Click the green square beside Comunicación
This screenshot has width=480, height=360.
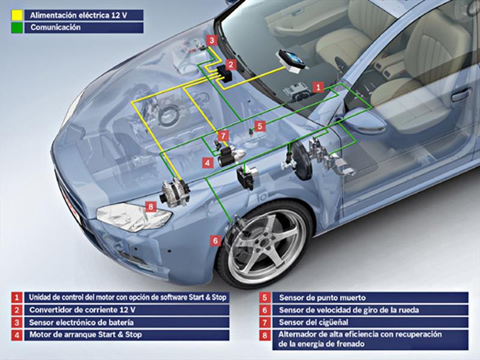[x=17, y=27]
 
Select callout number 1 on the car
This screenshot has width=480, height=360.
[x=319, y=87]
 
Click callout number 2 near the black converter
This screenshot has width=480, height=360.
[x=231, y=64]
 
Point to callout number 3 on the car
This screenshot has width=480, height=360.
[x=212, y=40]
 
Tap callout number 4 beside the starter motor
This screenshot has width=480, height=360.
[x=206, y=162]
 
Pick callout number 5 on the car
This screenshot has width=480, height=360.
[x=259, y=126]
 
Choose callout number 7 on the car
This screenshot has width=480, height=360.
[x=223, y=136]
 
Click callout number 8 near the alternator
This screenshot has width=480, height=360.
[x=151, y=206]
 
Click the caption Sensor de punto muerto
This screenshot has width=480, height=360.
[x=322, y=297]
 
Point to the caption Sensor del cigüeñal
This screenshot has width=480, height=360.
[x=314, y=322]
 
